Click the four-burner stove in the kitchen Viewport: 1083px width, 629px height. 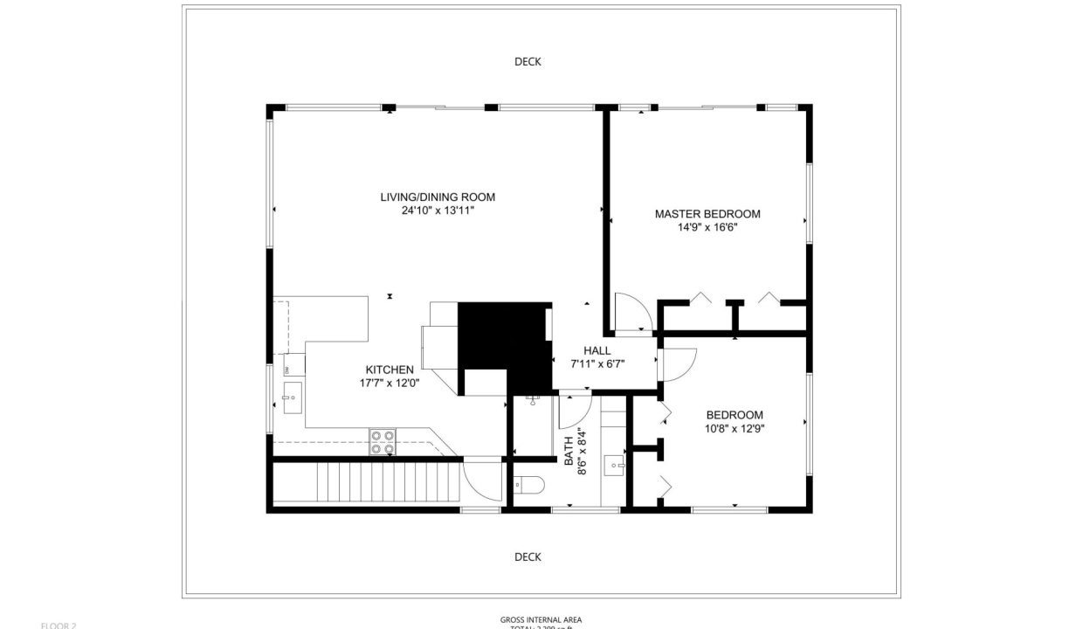pos(382,442)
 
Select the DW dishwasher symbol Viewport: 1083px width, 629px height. pos(287,370)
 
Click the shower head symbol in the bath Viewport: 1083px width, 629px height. pos(532,400)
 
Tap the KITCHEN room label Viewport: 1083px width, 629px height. pos(390,370)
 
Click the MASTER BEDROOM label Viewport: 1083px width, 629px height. pos(707,213)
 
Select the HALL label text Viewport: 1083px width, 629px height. pos(597,350)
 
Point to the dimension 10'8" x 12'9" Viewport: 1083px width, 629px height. pos(735,428)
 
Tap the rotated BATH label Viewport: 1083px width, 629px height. pos(568,450)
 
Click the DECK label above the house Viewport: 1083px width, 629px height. pos(528,61)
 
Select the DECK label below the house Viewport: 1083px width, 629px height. pos(528,556)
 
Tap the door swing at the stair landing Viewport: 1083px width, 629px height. pos(480,480)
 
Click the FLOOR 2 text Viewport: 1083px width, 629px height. pos(59,625)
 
